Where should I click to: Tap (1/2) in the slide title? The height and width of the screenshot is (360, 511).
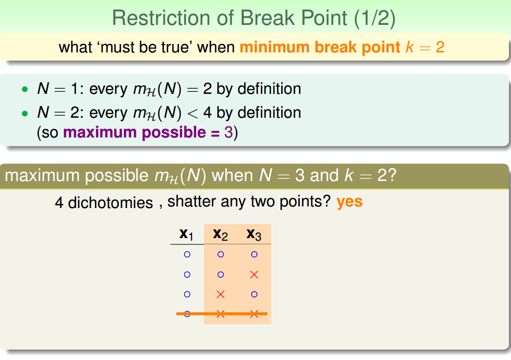(375, 18)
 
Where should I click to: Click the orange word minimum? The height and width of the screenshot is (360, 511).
(274, 47)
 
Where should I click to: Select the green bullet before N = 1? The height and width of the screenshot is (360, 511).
(25, 89)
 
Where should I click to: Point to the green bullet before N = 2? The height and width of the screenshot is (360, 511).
(25, 114)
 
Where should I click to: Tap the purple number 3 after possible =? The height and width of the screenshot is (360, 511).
(228, 132)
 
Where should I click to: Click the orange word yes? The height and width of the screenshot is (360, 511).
(349, 202)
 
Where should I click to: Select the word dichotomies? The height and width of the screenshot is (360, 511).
(111, 203)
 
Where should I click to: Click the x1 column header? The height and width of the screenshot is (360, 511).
(186, 234)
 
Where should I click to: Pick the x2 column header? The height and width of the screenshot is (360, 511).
(220, 234)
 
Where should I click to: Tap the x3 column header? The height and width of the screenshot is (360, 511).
(254, 234)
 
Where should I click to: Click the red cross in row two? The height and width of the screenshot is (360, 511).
(254, 274)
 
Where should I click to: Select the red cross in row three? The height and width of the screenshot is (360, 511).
(220, 295)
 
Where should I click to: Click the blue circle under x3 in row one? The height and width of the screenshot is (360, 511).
(254, 255)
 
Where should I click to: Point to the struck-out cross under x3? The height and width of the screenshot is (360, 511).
(254, 314)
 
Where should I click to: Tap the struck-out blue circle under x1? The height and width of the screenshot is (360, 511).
(187, 314)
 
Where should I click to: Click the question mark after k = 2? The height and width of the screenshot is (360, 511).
(392, 175)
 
